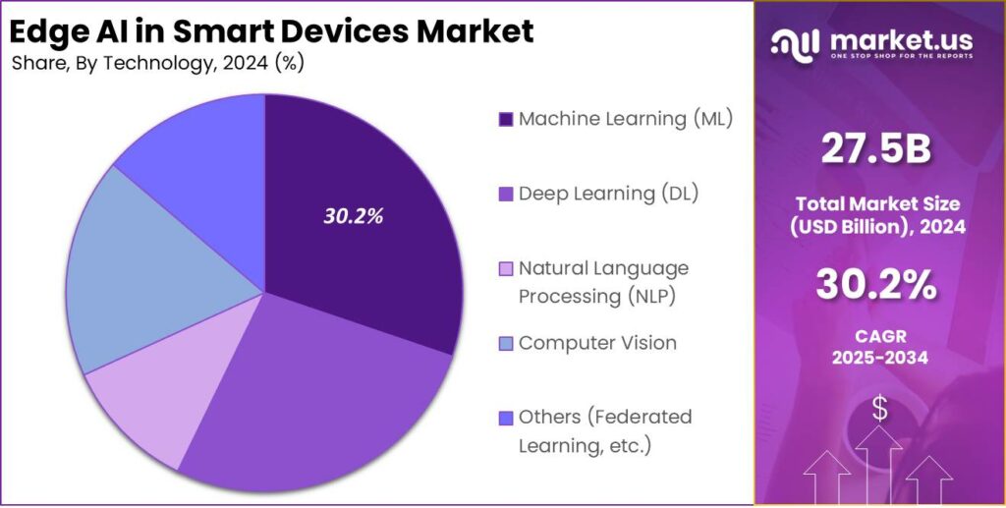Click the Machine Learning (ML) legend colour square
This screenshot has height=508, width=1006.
pyautogui.click(x=506, y=120)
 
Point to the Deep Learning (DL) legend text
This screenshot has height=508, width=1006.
pyautogui.click(x=608, y=193)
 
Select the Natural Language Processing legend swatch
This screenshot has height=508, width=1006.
pyautogui.click(x=506, y=269)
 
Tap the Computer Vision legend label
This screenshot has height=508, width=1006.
pyautogui.click(x=597, y=343)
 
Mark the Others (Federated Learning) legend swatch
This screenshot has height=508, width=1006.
pyautogui.click(x=506, y=418)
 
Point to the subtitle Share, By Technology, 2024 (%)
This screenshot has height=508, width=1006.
pyautogui.click(x=157, y=65)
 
